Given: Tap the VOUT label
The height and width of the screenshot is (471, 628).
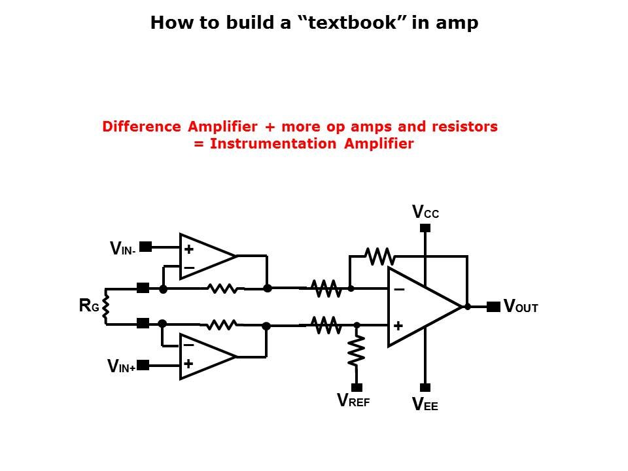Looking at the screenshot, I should [521, 307].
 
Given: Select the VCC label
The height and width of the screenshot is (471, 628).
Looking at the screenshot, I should [425, 212].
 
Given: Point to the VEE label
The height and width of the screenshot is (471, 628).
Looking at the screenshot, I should [425, 405].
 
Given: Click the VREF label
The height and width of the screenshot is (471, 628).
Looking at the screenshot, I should [353, 400].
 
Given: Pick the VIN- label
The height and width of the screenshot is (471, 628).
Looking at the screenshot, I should [123, 249].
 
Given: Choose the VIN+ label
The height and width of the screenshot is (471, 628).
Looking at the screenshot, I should [122, 366].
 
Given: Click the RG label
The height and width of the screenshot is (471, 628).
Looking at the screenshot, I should [89, 305].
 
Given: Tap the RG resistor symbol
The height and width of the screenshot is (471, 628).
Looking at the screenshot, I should [105, 305].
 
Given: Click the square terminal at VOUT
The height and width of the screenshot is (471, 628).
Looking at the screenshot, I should [493, 306].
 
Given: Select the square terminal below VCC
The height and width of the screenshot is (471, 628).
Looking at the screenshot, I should [425, 228].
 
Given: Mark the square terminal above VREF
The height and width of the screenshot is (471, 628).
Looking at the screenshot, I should [357, 387].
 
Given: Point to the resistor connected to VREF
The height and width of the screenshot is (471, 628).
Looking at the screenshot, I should [357, 351].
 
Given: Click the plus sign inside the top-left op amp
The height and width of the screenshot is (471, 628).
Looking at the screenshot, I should [188, 249].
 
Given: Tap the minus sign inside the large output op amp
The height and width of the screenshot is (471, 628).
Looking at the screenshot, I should [398, 289].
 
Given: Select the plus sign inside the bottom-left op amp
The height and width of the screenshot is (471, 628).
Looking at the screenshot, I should [188, 364].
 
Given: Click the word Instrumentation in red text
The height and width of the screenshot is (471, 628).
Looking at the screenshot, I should [275, 144].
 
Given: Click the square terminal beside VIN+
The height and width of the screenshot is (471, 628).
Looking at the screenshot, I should [143, 365].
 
